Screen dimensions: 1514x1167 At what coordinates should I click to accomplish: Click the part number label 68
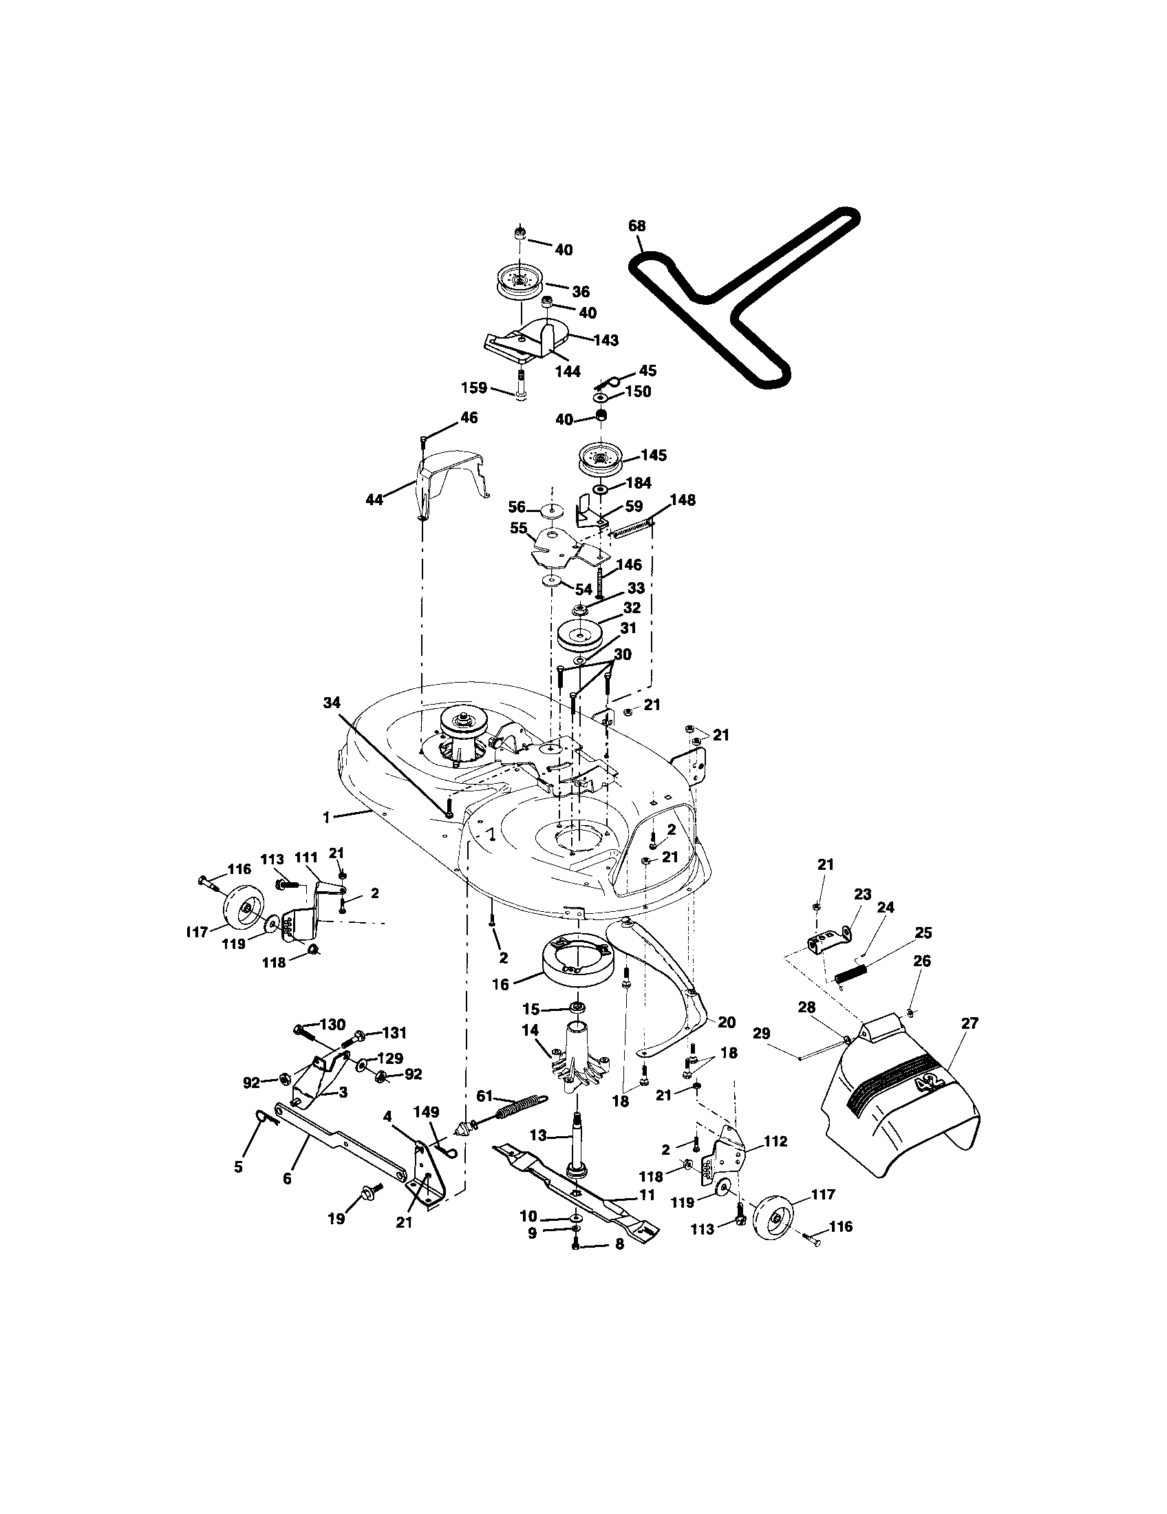point(636,226)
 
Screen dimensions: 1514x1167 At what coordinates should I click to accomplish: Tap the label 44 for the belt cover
point(374,500)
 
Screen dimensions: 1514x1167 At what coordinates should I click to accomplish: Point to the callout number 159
point(474,387)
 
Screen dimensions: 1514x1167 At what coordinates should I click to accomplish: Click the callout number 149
point(426,1111)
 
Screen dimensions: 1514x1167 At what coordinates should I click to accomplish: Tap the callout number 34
point(332,702)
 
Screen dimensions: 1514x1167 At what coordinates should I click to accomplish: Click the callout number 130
point(332,1025)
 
